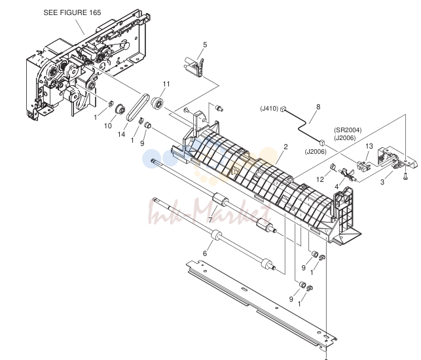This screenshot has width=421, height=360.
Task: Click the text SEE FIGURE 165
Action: pyautogui.click(x=72, y=12)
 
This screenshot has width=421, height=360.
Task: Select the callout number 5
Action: pyautogui.click(x=205, y=45)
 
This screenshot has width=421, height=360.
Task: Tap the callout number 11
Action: pyautogui.click(x=166, y=84)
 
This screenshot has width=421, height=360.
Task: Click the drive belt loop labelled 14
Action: pyautogui.click(x=137, y=107)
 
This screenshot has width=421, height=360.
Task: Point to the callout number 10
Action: pyautogui.click(x=108, y=126)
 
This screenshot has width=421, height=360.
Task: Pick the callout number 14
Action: pyautogui.click(x=122, y=134)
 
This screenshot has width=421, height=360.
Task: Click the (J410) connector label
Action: pyautogui.click(x=269, y=109)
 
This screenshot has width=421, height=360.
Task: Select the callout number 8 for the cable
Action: pyautogui.click(x=318, y=107)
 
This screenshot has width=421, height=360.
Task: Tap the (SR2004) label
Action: pyautogui.click(x=348, y=130)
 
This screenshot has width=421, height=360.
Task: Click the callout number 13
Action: pyautogui.click(x=369, y=146)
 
